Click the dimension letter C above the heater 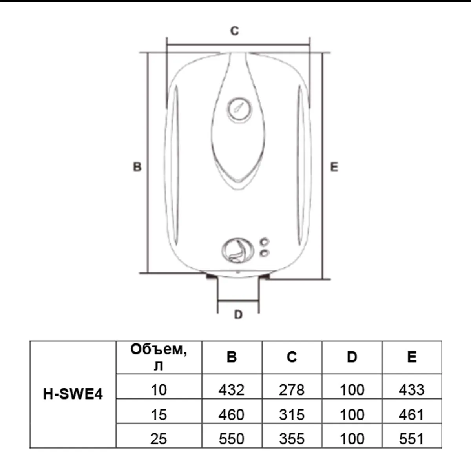coord(234,31)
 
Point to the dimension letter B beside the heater coord(137,167)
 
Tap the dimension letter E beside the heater coord(334,167)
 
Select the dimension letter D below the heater coord(238,314)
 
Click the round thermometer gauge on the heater coord(239,109)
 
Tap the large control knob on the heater coord(237,250)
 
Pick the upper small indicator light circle coord(265,242)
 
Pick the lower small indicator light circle coord(265,253)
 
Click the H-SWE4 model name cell coord(73,394)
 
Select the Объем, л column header coord(159,357)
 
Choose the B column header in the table coord(232,357)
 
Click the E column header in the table coord(412,357)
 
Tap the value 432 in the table coord(232,390)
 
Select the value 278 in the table coord(292,390)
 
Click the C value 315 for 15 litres coord(292,415)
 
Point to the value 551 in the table coord(412,439)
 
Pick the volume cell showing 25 coord(159,439)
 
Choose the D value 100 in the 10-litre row coord(352,390)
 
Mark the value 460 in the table coord(232,415)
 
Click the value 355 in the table coord(292,439)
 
